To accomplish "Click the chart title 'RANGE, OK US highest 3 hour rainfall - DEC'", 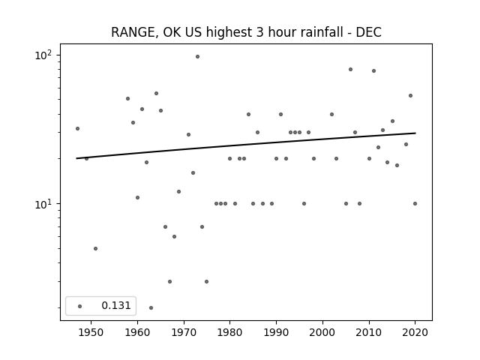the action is tap(246, 32).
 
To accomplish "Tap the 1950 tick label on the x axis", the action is tap(91, 332).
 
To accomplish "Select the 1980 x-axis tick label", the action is tap(229, 332).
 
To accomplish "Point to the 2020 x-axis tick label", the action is tap(415, 332).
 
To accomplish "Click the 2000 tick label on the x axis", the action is tap(322, 332).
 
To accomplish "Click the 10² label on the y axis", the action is tap(43, 55).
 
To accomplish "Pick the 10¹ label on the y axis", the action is tap(43, 204).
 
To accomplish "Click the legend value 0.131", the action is tap(116, 305).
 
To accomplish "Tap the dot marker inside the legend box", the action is tap(80, 306).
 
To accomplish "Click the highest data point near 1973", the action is tap(197, 57).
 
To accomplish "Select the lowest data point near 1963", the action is tap(151, 307).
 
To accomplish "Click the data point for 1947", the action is tap(77, 128).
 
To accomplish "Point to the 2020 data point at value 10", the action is tap(415, 203).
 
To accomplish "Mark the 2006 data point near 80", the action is tap(350, 70).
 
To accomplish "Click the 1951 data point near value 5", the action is tap(95, 248).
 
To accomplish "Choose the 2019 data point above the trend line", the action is tap(410, 96).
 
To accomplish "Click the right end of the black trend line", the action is tap(415, 133).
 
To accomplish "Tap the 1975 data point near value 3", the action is tap(207, 282).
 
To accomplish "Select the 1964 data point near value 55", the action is tap(156, 93).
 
